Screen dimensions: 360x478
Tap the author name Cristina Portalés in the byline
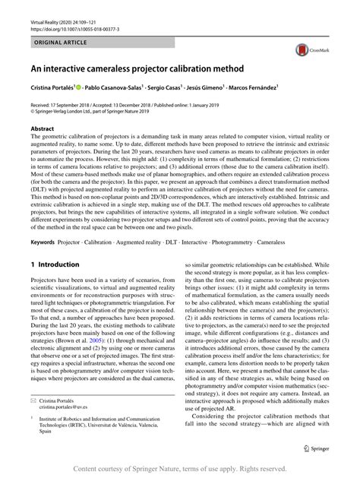(55, 89)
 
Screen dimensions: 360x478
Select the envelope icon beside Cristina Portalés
(34, 399)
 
